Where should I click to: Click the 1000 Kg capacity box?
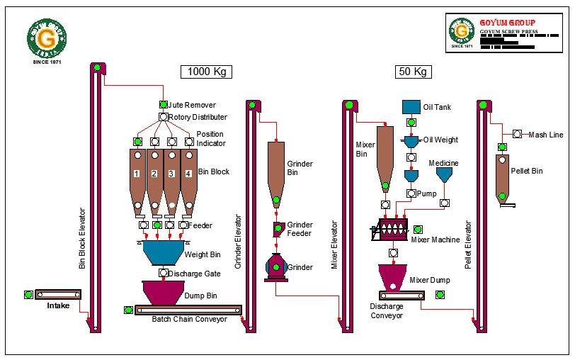pos(206,72)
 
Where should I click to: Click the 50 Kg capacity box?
pos(414,72)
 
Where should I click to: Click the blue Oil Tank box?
pos(411,107)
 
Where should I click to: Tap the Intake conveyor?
pos(58,294)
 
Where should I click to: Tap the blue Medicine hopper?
pos(444,174)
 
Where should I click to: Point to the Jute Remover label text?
pos(192,105)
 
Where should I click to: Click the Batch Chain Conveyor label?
pos(189,320)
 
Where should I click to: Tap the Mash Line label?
pos(546,134)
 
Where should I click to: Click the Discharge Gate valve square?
pos(164,273)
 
